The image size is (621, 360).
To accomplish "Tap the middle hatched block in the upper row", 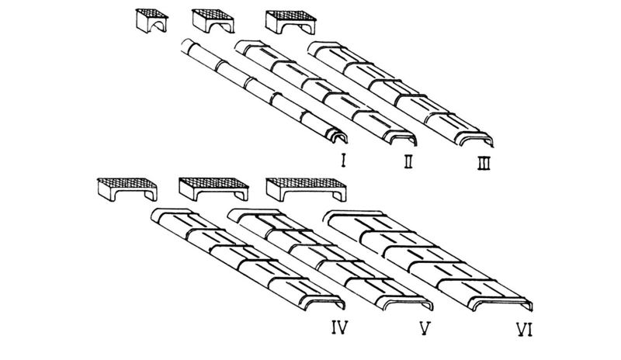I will pyautogui.click(x=213, y=22).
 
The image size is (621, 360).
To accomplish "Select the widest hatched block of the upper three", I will pyautogui.click(x=292, y=22).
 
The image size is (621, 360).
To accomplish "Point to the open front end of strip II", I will pyautogui.click(x=404, y=140).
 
